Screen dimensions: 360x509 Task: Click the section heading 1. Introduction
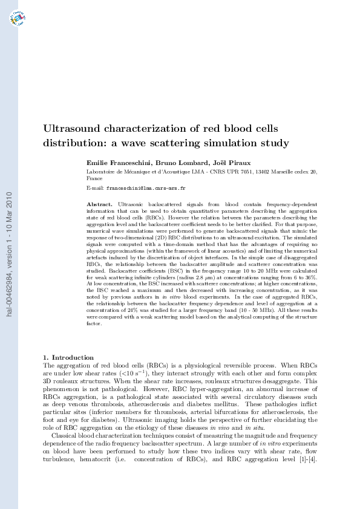coord(68,357)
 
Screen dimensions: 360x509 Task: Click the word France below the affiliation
coord(95,179)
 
